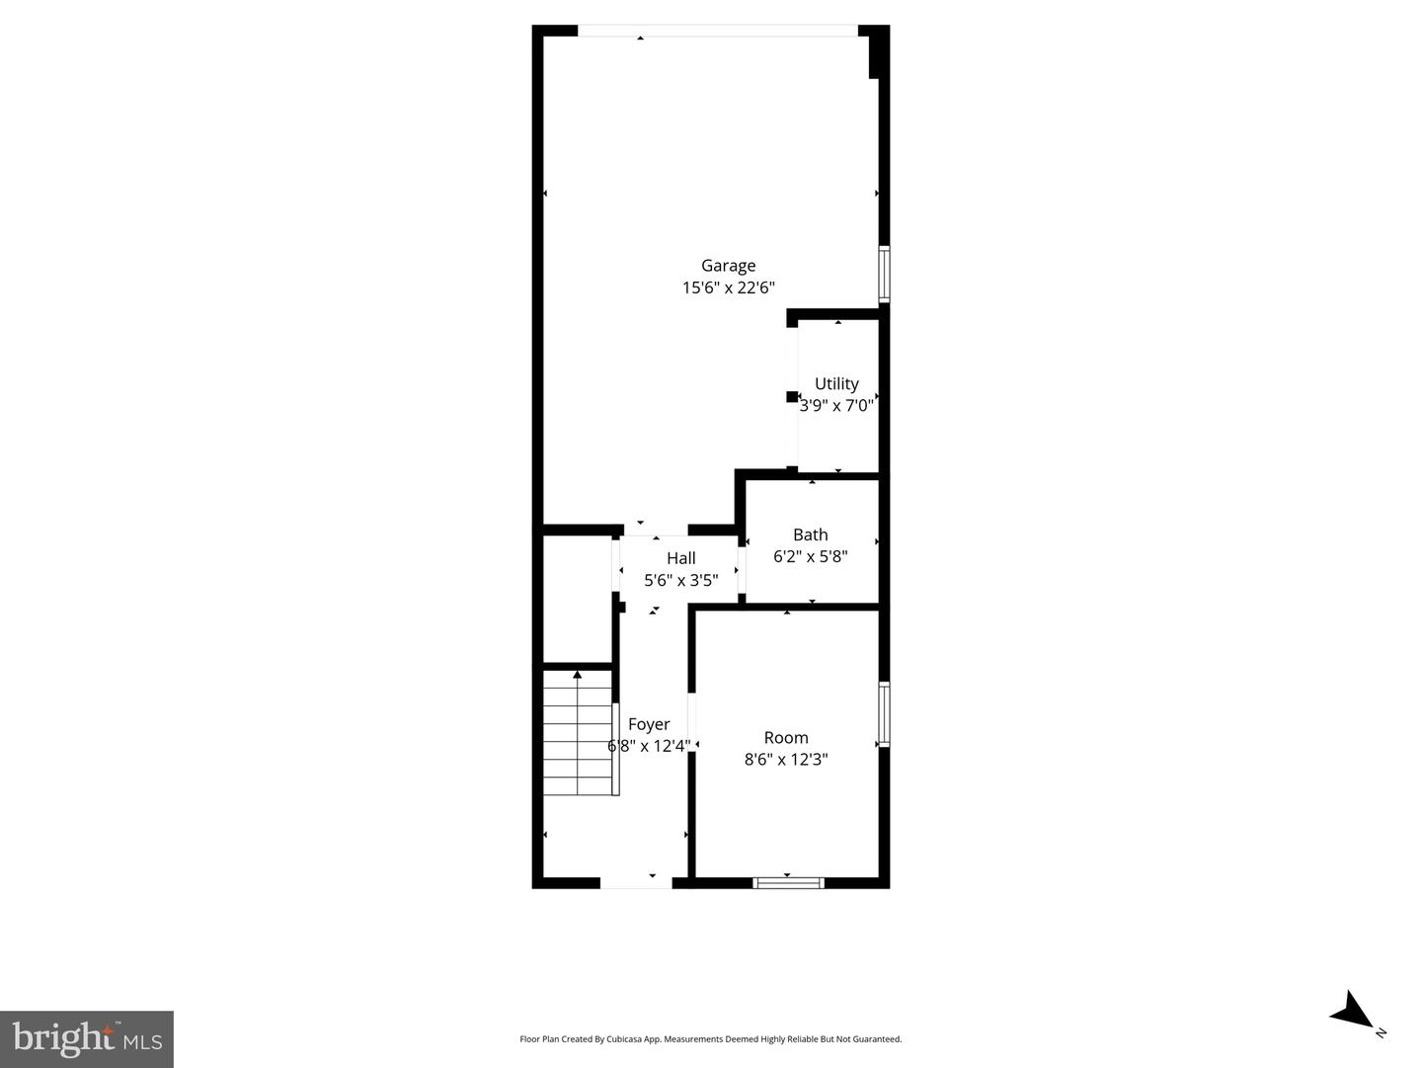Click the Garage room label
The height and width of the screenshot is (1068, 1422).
pyautogui.click(x=728, y=265)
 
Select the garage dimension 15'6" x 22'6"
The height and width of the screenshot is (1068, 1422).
pyautogui.click(x=728, y=288)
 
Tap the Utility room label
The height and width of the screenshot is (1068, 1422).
pyautogui.click(x=836, y=383)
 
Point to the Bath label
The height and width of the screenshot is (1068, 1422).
pyautogui.click(x=810, y=534)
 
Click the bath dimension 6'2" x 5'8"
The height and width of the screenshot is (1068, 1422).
pyautogui.click(x=810, y=556)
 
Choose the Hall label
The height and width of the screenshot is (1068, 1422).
pyautogui.click(x=680, y=558)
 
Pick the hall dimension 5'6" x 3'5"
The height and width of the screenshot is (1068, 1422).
pyautogui.click(x=680, y=580)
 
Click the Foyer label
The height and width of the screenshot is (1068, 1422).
pyautogui.click(x=649, y=724)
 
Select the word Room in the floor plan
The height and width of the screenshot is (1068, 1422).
pyautogui.click(x=786, y=737)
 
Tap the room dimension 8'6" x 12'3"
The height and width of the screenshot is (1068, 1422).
pyautogui.click(x=786, y=759)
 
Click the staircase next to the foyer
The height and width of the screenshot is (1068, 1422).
pyautogui.click(x=579, y=736)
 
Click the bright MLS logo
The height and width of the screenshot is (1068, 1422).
pyautogui.click(x=87, y=1038)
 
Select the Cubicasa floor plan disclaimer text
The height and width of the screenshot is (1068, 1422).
pyautogui.click(x=710, y=1038)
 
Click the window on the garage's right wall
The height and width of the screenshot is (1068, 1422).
pyautogui.click(x=885, y=274)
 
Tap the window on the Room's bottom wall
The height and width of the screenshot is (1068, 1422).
pyautogui.click(x=788, y=882)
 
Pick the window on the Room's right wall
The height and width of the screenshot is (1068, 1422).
pyautogui.click(x=885, y=713)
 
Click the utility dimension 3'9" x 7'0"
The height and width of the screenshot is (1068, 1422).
pyautogui.click(x=836, y=405)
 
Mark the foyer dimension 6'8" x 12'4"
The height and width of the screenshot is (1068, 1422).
pyautogui.click(x=649, y=746)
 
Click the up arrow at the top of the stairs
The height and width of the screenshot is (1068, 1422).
pyautogui.click(x=578, y=675)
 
